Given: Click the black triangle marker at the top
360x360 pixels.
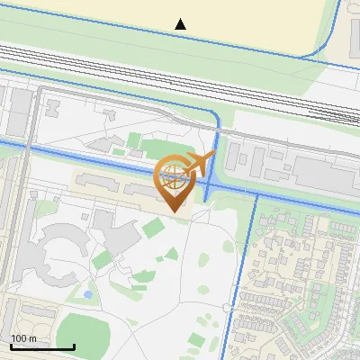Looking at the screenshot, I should [x=181, y=24].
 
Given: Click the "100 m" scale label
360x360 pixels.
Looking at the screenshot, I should [x=23, y=338].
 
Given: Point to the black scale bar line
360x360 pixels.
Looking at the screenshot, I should [x=41, y=346].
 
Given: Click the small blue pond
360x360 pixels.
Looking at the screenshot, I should [x=87, y=294].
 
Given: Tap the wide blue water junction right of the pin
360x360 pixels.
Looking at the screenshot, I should [x=209, y=185].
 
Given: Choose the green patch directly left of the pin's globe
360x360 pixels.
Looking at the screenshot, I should [x=135, y=141].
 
